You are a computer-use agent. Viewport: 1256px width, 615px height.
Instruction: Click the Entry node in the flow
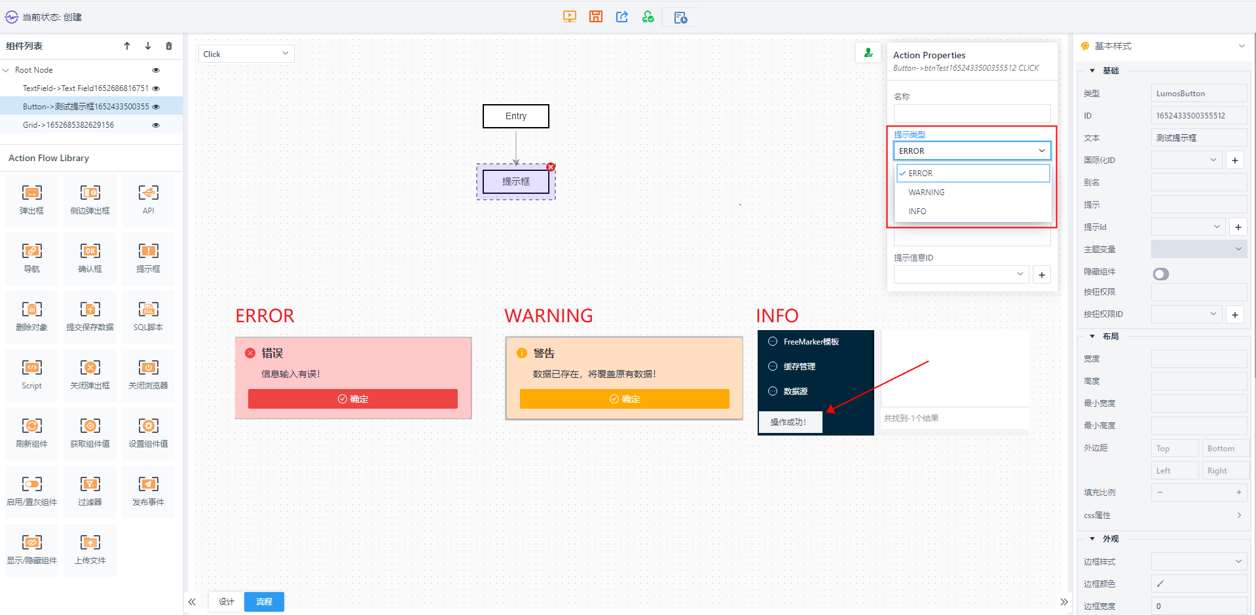[x=516, y=116]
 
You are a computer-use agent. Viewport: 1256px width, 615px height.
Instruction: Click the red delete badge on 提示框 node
[x=551, y=167]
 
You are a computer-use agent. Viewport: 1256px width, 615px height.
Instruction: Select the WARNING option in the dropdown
[x=927, y=193]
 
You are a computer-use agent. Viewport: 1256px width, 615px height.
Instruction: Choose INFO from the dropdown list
[x=917, y=212]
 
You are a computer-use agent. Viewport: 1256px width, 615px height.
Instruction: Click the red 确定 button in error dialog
[x=353, y=399]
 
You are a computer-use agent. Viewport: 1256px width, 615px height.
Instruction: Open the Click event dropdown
[x=246, y=54]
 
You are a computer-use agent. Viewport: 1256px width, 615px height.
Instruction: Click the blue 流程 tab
[x=264, y=601]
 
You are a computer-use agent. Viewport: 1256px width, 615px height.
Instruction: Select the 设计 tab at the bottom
[x=227, y=601]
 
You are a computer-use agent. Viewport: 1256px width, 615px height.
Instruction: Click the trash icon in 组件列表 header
[x=169, y=46]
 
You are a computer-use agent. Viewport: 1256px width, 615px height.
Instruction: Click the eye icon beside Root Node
[x=156, y=70]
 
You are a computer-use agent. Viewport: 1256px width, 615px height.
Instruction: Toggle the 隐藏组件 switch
[x=1161, y=274]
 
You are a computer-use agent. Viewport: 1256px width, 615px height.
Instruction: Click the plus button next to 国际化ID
[x=1235, y=160]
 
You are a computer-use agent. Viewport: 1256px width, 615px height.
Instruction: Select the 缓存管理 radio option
[x=773, y=366]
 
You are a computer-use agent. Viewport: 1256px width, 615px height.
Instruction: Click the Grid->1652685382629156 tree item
[x=68, y=125]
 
